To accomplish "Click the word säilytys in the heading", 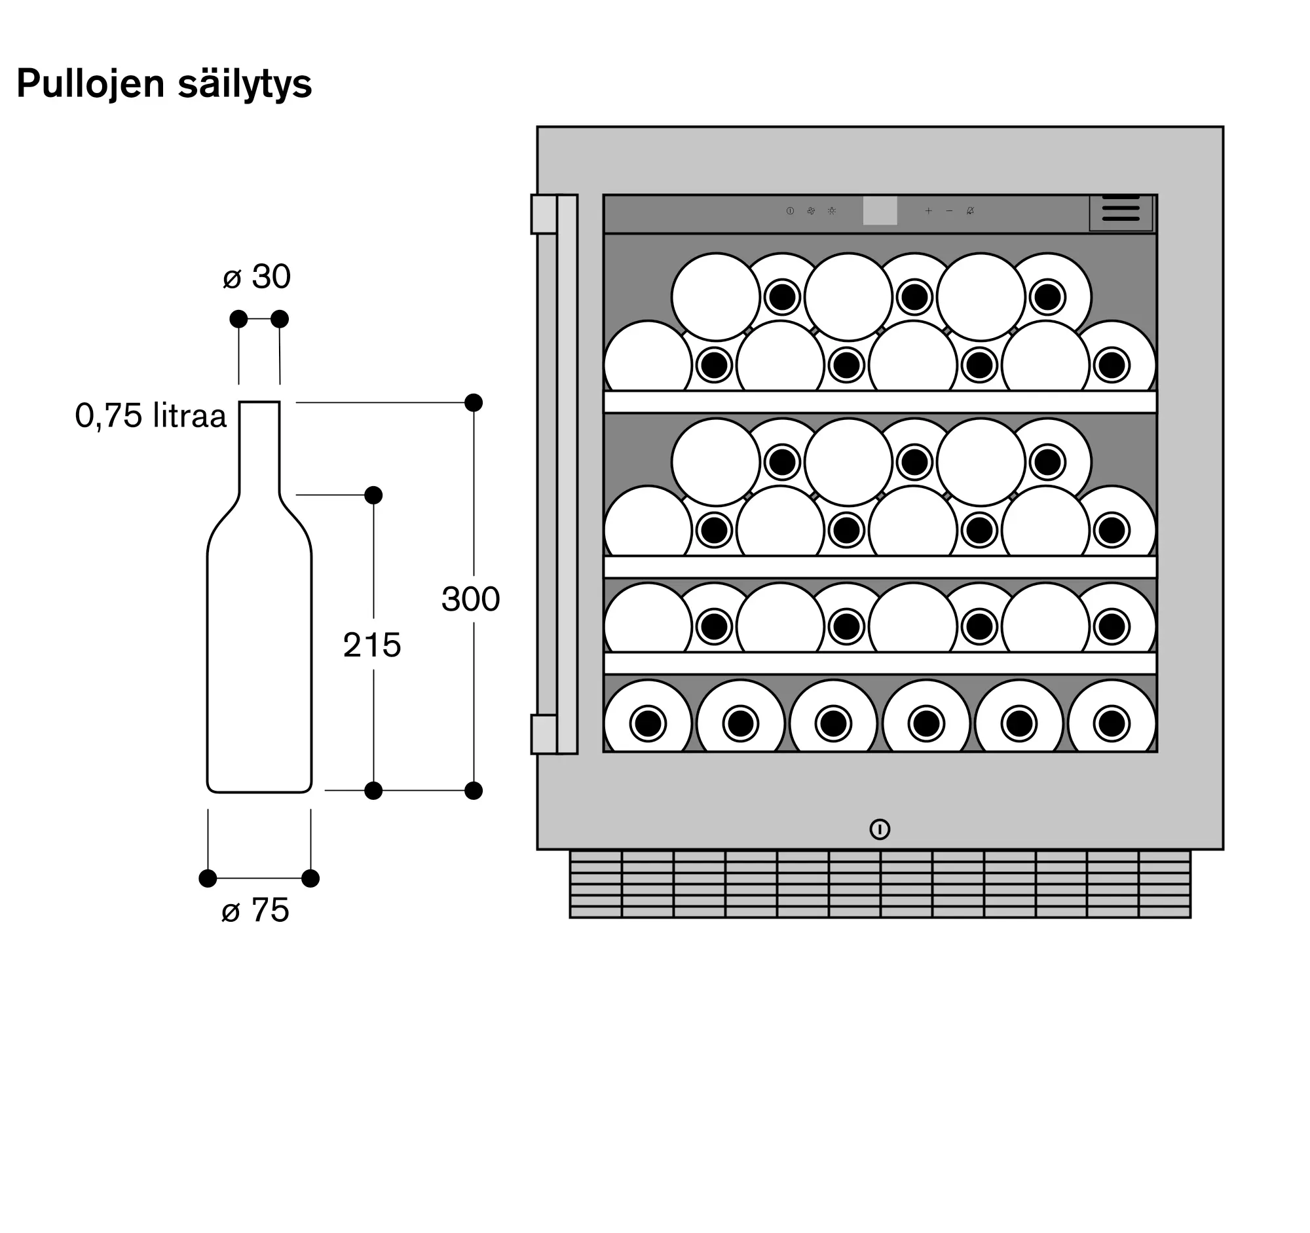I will pyautogui.click(x=244, y=84).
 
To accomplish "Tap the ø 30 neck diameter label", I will pyautogui.click(x=257, y=276).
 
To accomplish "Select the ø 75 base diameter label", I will pyautogui.click(x=255, y=910).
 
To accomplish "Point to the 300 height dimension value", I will pyautogui.click(x=470, y=599).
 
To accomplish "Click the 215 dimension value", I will pyautogui.click(x=371, y=645).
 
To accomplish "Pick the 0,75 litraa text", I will pyautogui.click(x=151, y=416).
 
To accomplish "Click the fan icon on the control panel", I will pyautogui.click(x=811, y=211).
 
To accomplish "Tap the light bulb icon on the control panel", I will pyautogui.click(x=832, y=211).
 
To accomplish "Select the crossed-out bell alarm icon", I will pyautogui.click(x=970, y=211).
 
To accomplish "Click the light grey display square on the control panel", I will pyautogui.click(x=880, y=211).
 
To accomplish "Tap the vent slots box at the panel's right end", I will pyautogui.click(x=1120, y=212).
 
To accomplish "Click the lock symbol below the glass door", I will pyautogui.click(x=880, y=829).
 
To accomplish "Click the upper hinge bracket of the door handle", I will pyautogui.click(x=544, y=214).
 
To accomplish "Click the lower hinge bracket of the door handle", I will pyautogui.click(x=544, y=734).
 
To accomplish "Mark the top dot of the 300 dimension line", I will pyautogui.click(x=473, y=402).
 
